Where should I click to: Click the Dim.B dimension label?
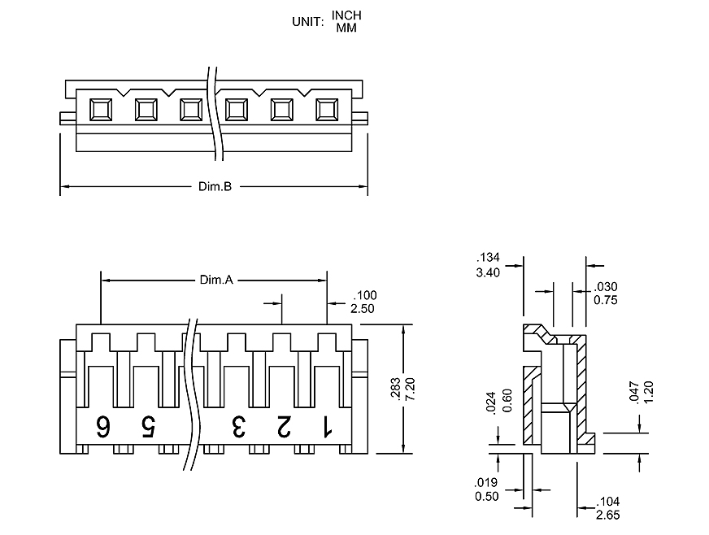tap(215, 187)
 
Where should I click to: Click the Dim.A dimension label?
tap(216, 281)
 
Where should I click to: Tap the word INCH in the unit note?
tap(346, 16)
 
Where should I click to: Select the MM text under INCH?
tap(346, 28)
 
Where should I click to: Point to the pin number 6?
tap(104, 425)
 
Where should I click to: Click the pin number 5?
tap(148, 425)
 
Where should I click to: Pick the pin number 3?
tap(238, 425)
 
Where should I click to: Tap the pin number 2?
tap(283, 425)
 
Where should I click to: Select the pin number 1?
tap(327, 425)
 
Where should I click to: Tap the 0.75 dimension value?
tap(606, 299)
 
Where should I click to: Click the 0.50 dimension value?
tap(489, 497)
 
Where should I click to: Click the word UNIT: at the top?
tap(308, 22)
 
